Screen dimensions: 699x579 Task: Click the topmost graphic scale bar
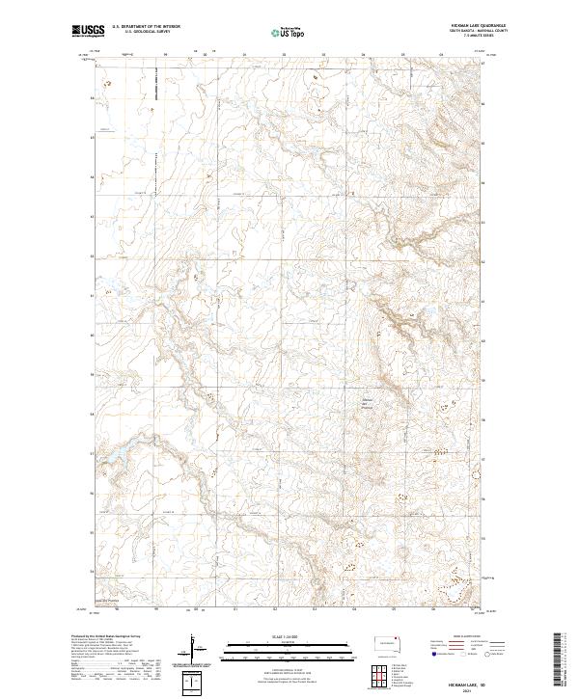pos(289,643)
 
